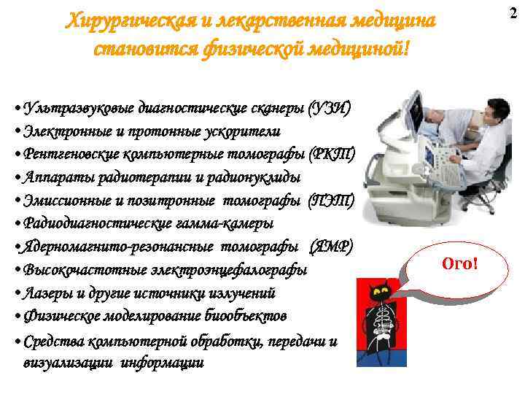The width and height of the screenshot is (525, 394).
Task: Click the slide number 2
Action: (x=512, y=12)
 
